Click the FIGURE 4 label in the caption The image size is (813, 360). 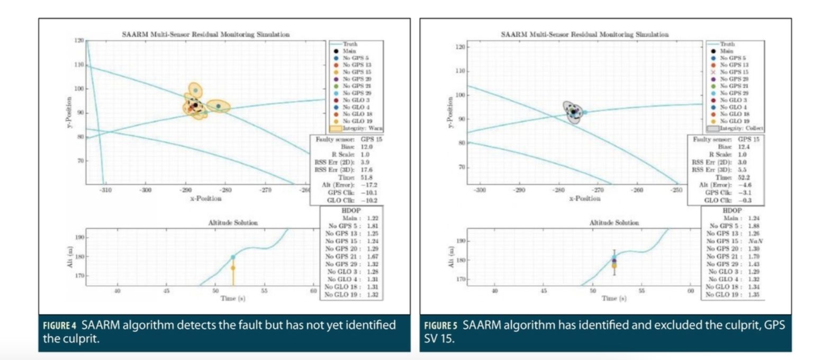pos(59,325)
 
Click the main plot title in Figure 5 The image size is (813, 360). pos(585,34)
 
